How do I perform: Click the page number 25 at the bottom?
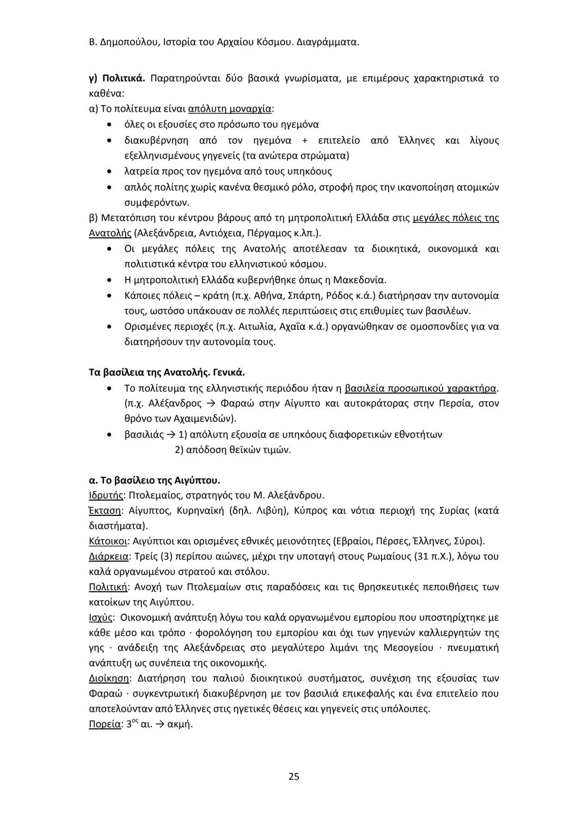coord(293,776)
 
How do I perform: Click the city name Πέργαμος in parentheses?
coord(268,233)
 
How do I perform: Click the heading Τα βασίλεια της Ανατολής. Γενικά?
coord(167,373)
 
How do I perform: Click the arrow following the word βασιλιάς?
coord(170,435)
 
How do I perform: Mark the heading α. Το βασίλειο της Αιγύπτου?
coord(154,481)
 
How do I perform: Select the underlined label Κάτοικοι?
coord(108,541)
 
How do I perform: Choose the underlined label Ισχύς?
coord(101,618)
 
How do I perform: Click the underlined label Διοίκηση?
coord(109,679)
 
